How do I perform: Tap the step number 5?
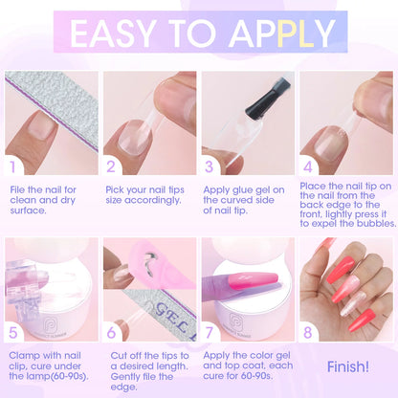click(15, 332)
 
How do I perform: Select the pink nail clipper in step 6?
click(136, 269)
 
